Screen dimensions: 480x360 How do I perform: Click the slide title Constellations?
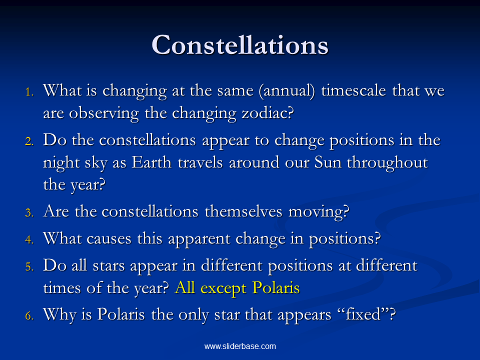coord(240,45)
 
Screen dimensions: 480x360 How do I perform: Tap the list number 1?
coord(29,92)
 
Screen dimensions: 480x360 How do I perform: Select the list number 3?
coord(29,212)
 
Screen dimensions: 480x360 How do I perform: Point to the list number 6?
coord(29,315)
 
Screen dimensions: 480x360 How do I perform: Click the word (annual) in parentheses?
coord(287,91)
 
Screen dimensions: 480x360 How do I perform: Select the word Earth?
coord(151,162)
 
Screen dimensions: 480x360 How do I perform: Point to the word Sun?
coord(327,162)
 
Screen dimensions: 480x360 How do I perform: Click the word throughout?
coord(387,163)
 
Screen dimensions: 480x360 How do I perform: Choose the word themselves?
coord(243,211)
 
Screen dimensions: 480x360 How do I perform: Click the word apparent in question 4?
coord(199,239)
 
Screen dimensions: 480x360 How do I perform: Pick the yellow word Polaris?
coord(276,288)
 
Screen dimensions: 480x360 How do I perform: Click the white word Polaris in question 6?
coord(121,314)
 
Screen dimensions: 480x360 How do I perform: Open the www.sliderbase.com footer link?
coord(240,346)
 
